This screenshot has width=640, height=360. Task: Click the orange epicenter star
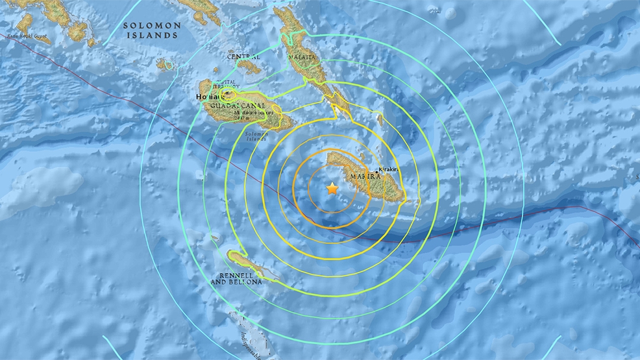tap(332, 189)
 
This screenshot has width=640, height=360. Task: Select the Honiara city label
tap(208, 97)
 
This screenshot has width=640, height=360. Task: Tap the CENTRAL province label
tap(243, 57)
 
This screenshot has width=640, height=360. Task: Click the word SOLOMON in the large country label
tap(152, 25)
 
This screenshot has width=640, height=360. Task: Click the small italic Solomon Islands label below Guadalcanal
tap(256, 138)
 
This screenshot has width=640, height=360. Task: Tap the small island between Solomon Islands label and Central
tap(165, 64)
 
